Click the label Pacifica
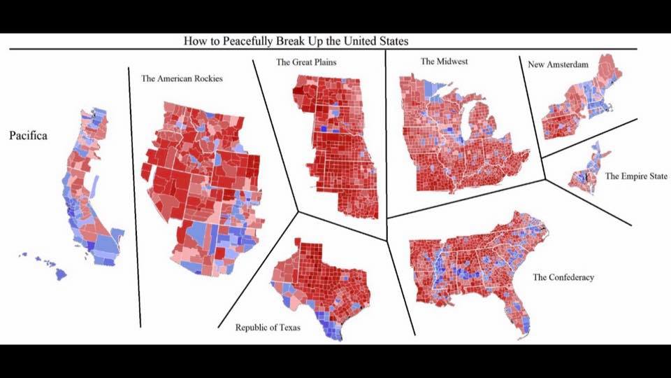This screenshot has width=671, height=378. click(28, 136)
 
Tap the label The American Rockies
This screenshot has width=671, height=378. click(182, 79)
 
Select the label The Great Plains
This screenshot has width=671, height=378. click(306, 62)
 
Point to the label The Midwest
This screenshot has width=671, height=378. click(444, 62)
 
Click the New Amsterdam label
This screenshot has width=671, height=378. click(558, 64)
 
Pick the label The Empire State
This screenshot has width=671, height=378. click(636, 176)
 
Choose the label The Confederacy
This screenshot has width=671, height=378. click(563, 277)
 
